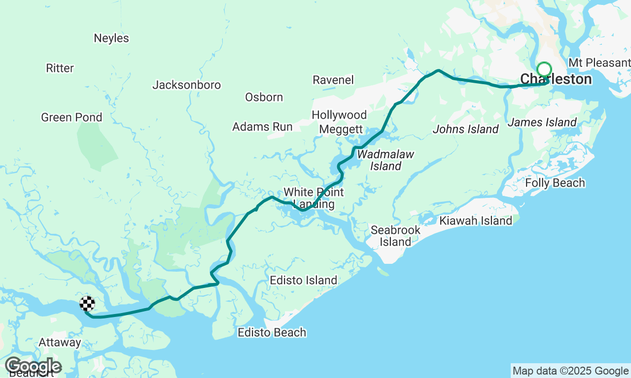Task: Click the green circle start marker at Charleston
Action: [544, 69]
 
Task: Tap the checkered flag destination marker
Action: [87, 304]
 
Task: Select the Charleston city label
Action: [556, 79]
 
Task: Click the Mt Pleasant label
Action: [599, 63]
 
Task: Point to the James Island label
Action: [542, 122]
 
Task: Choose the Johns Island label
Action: [465, 129]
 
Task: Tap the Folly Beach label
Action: [555, 183]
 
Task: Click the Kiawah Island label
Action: [476, 221]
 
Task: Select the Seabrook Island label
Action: [395, 236]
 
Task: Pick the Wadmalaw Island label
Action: [386, 160]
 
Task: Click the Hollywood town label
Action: [339, 115]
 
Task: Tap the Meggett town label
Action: [341, 129]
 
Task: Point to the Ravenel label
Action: [333, 80]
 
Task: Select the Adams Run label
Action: [262, 127]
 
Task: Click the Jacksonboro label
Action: [186, 85]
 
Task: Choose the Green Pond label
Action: [71, 118]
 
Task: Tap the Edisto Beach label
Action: [272, 333]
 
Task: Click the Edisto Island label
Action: [303, 281]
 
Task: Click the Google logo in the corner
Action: [33, 366]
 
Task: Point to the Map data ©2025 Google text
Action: [570, 371]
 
